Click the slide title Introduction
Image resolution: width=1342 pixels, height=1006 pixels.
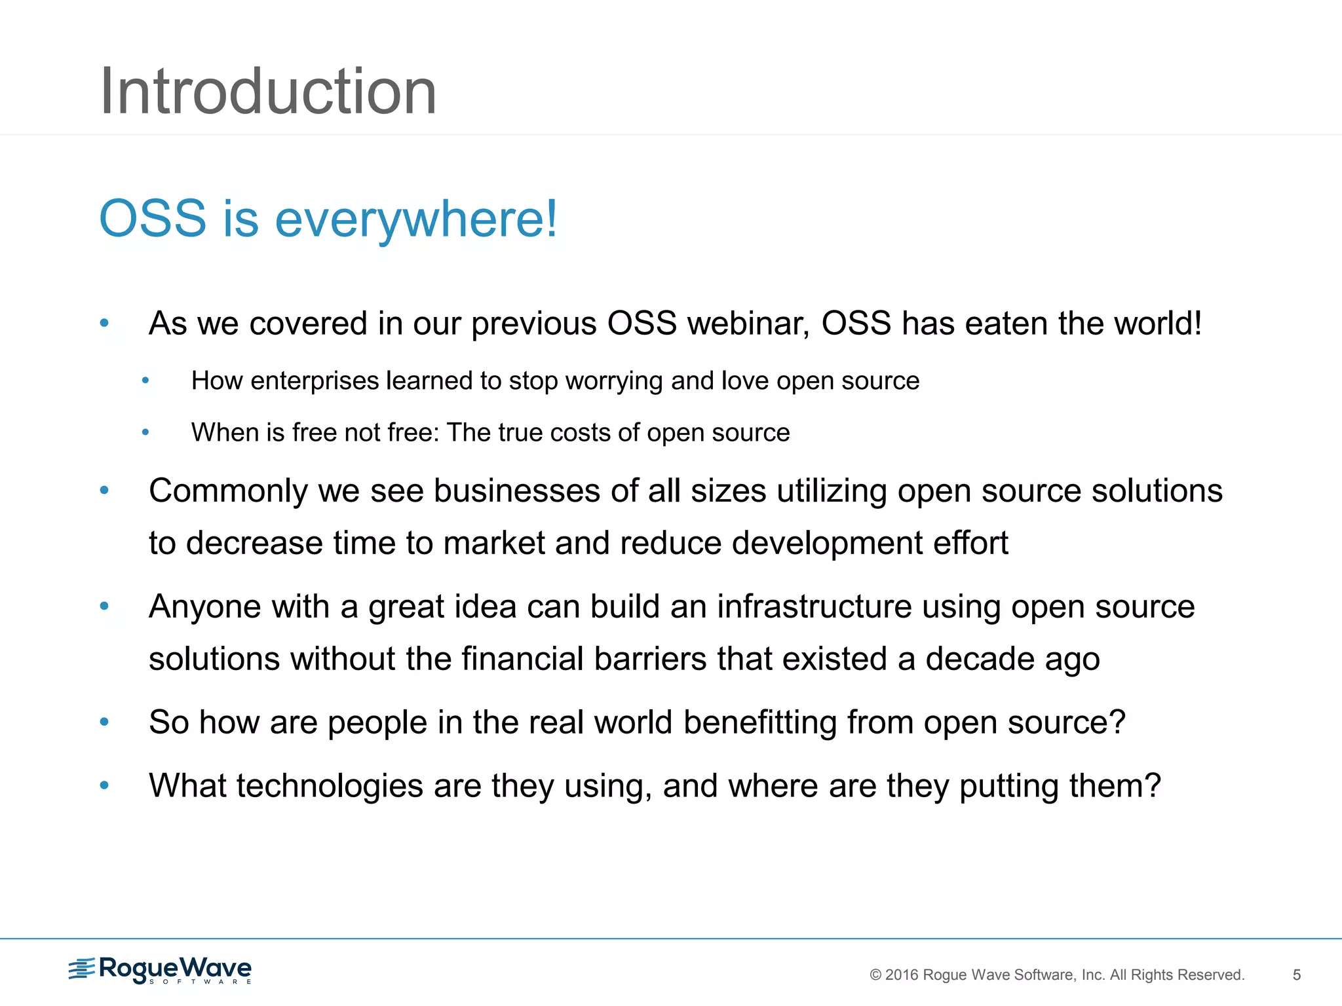[x=267, y=92]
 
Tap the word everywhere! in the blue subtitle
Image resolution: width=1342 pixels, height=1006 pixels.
[x=416, y=219]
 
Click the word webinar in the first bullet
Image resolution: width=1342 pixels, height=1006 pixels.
[x=748, y=324]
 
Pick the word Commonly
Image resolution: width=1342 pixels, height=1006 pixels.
[x=227, y=491]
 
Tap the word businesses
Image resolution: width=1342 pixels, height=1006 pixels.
[x=516, y=491]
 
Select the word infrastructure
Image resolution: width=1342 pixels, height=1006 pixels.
[x=814, y=606]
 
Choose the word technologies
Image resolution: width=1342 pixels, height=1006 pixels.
[x=330, y=786]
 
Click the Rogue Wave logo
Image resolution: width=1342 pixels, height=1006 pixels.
[x=161, y=970]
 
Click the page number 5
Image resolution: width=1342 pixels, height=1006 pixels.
[x=1296, y=975]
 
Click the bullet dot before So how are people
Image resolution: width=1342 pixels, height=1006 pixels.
[x=104, y=722]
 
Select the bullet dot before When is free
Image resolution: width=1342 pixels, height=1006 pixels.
[x=145, y=432]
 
